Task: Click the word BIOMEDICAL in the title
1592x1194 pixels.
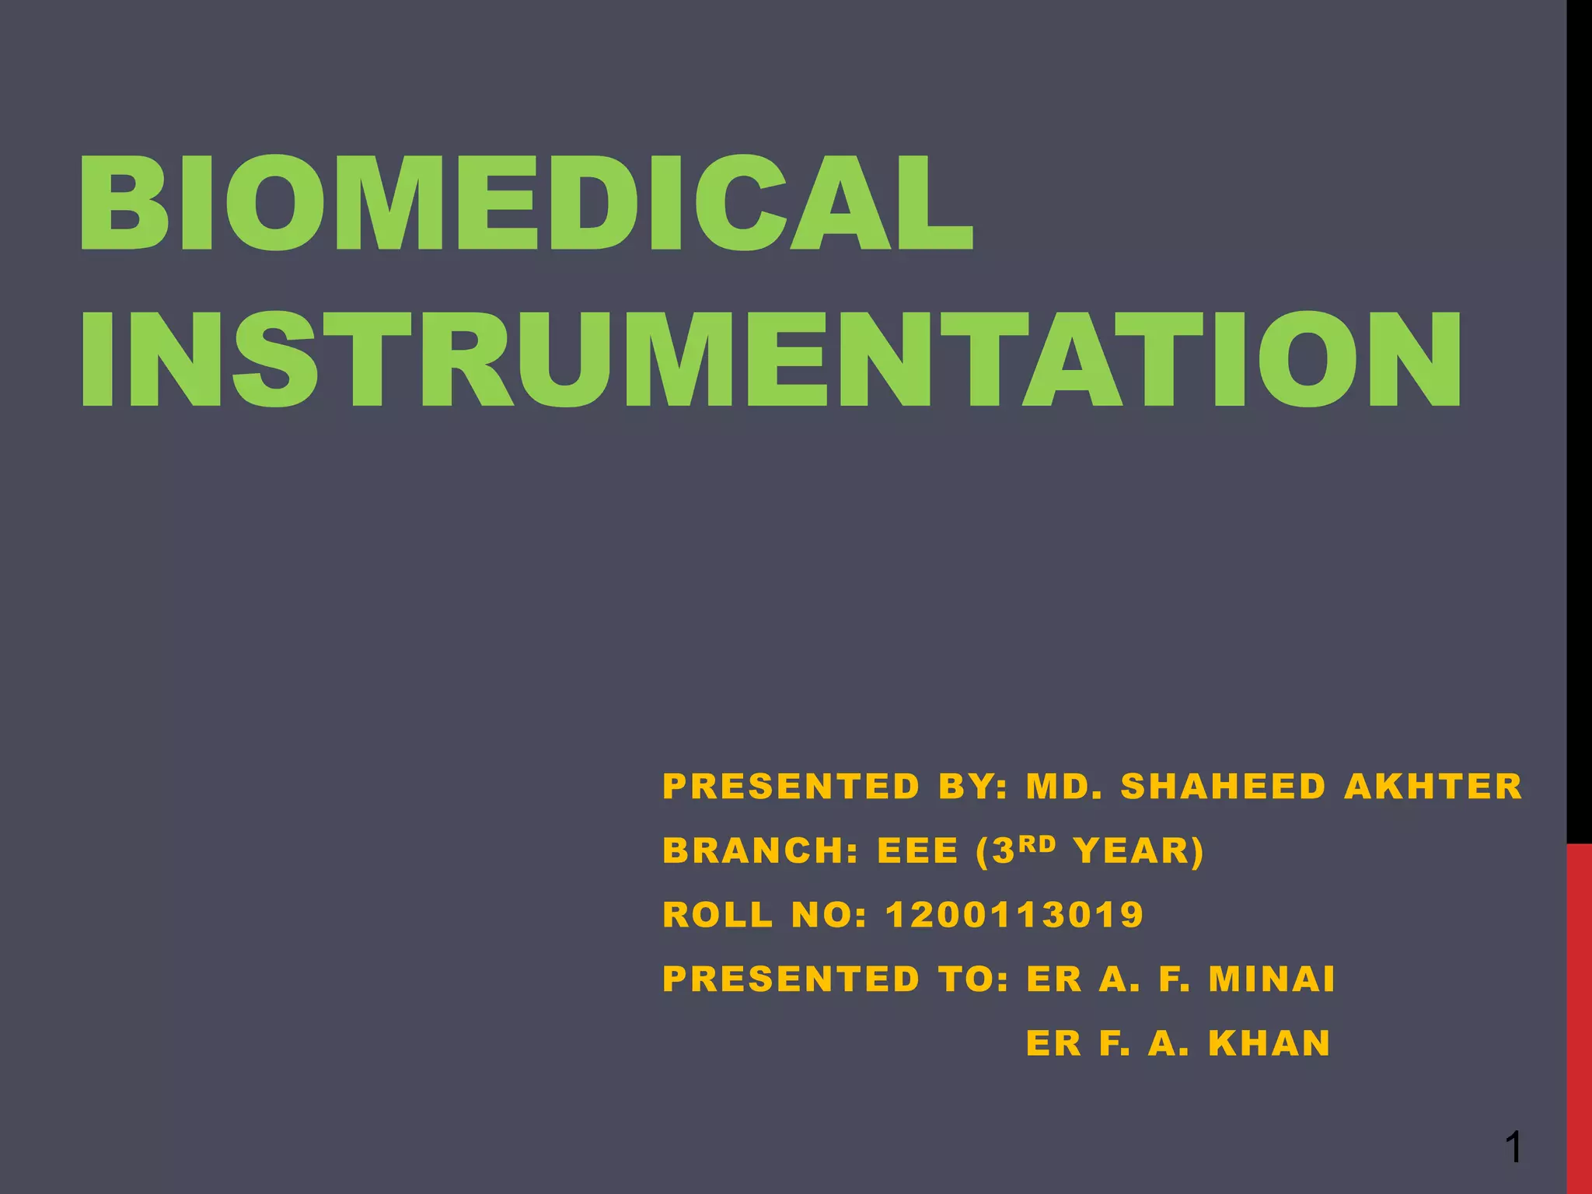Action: (525, 204)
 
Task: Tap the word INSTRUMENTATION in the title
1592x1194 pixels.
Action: (770, 360)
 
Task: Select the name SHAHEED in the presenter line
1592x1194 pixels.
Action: (1223, 787)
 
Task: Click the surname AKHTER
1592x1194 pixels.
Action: (1433, 787)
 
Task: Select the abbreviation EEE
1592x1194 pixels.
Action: (918, 851)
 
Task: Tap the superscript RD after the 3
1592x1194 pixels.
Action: (1038, 843)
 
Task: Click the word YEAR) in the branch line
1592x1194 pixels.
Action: (1139, 851)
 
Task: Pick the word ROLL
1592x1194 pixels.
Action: (718, 915)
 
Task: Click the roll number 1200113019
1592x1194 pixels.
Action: (1014, 915)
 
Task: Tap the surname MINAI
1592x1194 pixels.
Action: (1272, 979)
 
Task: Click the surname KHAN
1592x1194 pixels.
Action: (1269, 1043)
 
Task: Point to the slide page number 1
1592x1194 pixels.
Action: (1513, 1147)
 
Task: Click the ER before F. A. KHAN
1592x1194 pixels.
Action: (1053, 1043)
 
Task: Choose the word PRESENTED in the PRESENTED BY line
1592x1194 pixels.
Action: (791, 787)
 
